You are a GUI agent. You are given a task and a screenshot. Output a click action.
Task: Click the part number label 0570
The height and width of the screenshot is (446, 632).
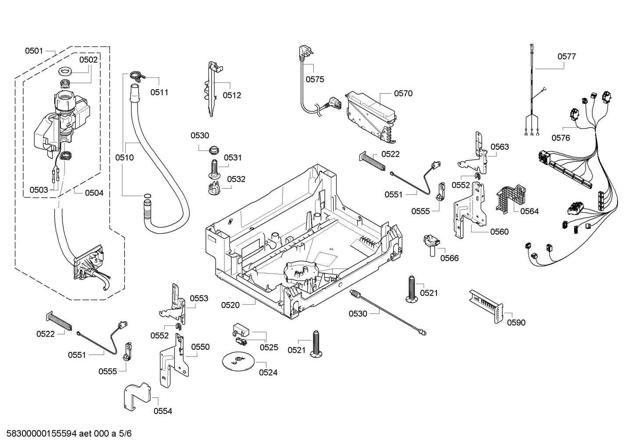pos(403,93)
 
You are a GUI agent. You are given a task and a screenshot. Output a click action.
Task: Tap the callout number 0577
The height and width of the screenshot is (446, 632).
pos(566,56)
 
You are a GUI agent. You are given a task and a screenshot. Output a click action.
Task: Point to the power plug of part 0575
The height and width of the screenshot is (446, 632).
pos(302,53)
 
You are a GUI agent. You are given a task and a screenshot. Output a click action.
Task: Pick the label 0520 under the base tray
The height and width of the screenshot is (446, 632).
pos(230,305)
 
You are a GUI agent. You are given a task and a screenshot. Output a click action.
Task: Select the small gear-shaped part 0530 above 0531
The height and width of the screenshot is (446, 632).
pos(214,149)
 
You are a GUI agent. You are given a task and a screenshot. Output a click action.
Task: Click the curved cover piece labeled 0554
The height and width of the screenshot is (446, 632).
pos(136,396)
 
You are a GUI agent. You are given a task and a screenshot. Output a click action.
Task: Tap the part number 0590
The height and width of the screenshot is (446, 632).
pos(516,323)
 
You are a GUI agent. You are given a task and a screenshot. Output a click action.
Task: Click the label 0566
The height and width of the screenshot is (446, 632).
pos(449,258)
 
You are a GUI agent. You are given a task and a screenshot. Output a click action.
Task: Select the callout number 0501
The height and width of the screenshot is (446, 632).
pos(34,51)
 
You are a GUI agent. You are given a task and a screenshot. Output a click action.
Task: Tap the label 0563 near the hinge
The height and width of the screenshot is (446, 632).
pos(500,147)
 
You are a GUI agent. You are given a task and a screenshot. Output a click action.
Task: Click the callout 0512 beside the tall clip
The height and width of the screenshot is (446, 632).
pos(232,95)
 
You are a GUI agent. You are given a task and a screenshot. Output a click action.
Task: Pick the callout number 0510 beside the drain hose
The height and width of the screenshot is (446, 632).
pos(124,157)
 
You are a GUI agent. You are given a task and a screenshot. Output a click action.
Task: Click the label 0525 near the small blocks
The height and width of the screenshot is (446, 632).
pos(269,348)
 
